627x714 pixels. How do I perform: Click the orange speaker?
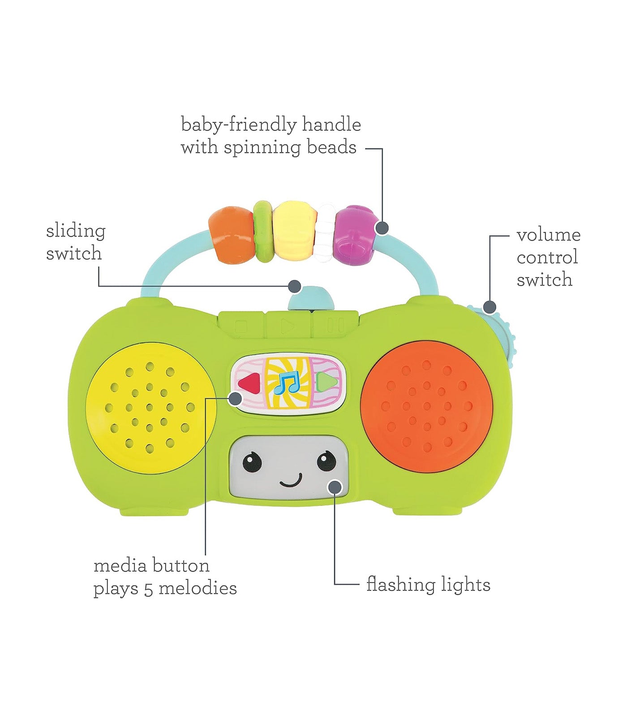pyautogui.click(x=426, y=406)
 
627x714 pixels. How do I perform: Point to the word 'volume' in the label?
pyautogui.click(x=548, y=235)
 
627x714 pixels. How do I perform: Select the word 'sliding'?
pyautogui.click(x=76, y=231)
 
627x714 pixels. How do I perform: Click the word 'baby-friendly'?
pyautogui.click(x=238, y=125)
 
